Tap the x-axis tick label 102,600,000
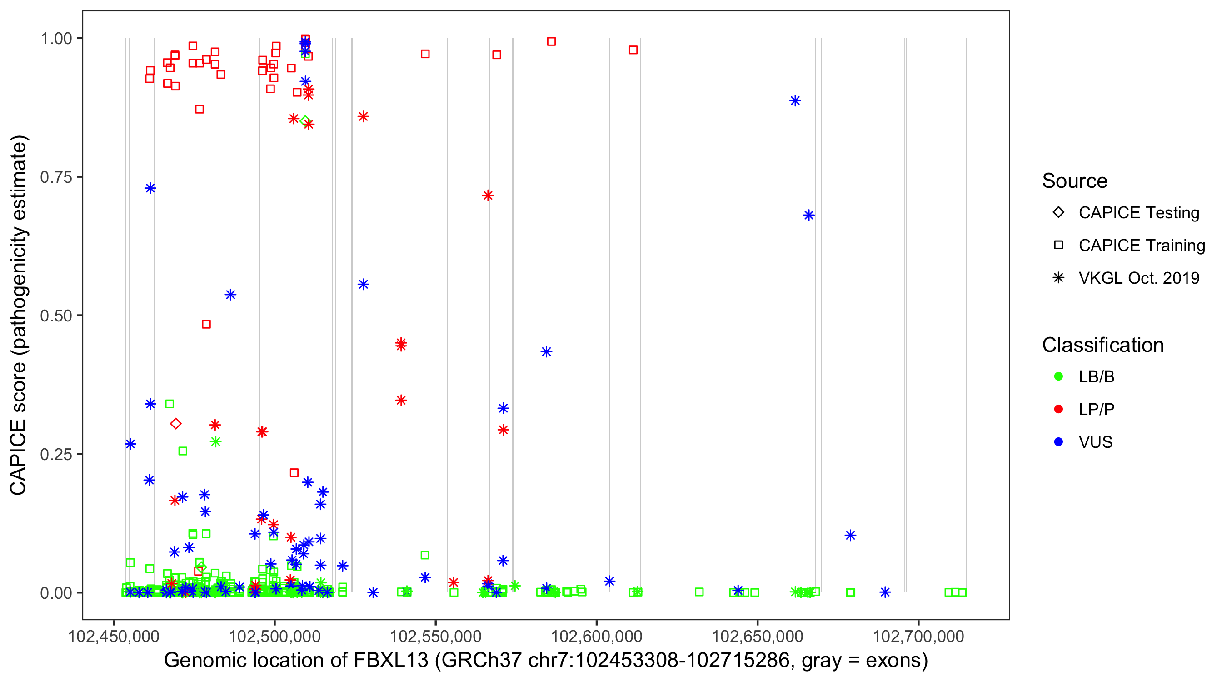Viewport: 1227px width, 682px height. click(596, 636)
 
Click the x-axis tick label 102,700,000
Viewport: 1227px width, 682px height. click(918, 636)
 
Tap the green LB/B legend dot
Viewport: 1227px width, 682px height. click(1059, 376)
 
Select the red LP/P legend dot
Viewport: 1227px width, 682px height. click(1059, 409)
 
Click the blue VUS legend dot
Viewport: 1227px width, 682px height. click(1059, 442)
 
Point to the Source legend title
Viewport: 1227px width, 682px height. click(1075, 181)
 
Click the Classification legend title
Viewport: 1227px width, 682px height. click(1102, 345)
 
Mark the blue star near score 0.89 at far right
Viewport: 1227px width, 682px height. click(795, 101)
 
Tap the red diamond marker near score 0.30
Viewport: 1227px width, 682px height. click(176, 424)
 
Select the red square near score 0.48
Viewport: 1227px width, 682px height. click(206, 325)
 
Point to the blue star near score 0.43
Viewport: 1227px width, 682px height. click(546, 352)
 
